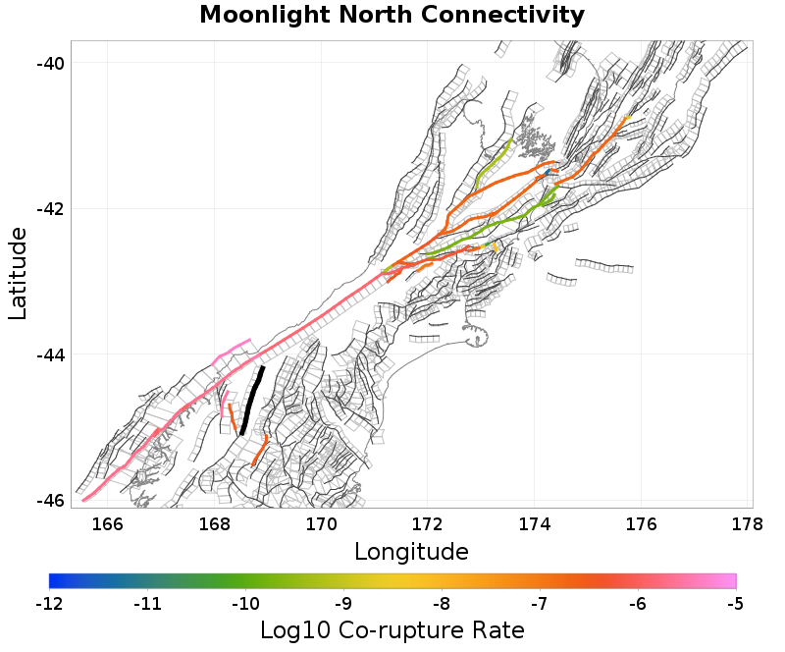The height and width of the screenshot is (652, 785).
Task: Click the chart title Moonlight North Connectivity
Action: tap(392, 16)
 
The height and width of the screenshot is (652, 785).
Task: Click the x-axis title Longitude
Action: tap(411, 550)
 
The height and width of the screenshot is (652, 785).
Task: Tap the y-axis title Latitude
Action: tap(18, 273)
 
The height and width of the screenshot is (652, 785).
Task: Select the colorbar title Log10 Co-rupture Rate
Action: tap(392, 629)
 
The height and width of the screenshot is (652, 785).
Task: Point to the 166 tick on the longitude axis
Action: tap(107, 523)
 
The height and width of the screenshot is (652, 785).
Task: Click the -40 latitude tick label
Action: tap(51, 63)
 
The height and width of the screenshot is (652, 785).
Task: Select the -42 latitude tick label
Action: tap(51, 209)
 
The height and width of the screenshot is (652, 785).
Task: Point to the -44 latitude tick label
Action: tap(51, 354)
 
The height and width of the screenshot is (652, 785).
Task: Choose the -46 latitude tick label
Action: tap(51, 500)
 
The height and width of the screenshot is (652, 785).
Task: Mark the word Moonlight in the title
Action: tap(256, 16)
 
